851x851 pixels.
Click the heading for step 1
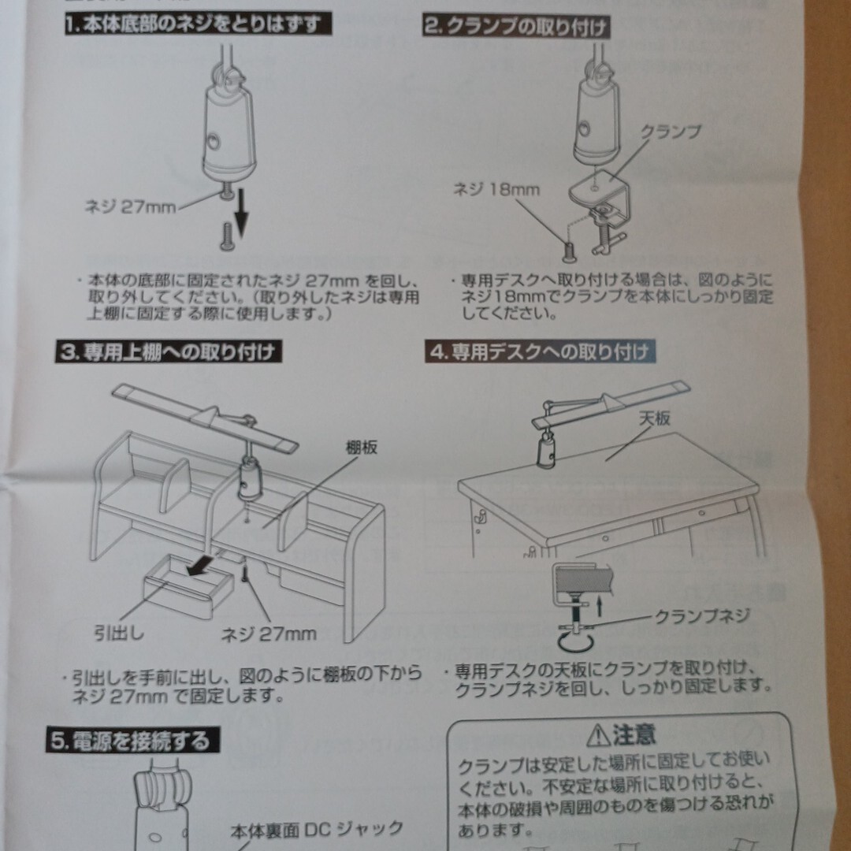[198, 24]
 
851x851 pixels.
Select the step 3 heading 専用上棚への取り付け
[169, 352]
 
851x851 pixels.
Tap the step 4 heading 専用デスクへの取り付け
[540, 351]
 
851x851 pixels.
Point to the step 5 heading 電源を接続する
[133, 740]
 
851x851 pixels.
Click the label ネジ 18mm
[496, 189]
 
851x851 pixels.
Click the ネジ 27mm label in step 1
[130, 206]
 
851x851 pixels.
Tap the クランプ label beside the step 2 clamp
[671, 132]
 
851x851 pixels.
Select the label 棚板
[362, 448]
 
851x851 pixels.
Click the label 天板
[655, 418]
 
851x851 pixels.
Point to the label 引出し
[119, 632]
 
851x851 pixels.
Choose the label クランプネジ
[702, 616]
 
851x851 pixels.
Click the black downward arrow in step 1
[240, 213]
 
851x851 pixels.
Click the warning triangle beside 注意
[598, 735]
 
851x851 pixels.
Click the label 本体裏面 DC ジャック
[317, 830]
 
